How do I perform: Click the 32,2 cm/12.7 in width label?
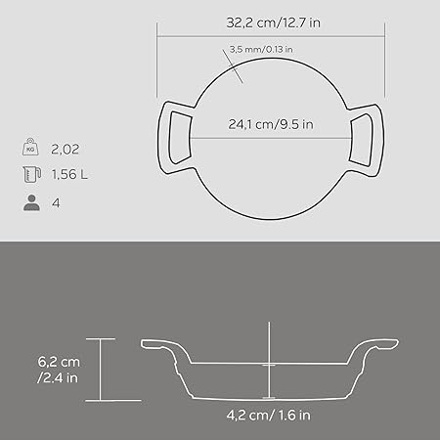[273, 22]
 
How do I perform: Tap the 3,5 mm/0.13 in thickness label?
[261, 50]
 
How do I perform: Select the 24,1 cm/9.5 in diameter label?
[271, 124]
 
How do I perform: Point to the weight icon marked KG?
[30, 147]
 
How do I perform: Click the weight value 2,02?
[66, 150]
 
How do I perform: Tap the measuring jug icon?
[31, 174]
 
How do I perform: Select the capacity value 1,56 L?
[69, 174]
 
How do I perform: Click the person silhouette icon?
[31, 202]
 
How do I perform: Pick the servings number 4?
[56, 203]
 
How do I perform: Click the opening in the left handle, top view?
[179, 137]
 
